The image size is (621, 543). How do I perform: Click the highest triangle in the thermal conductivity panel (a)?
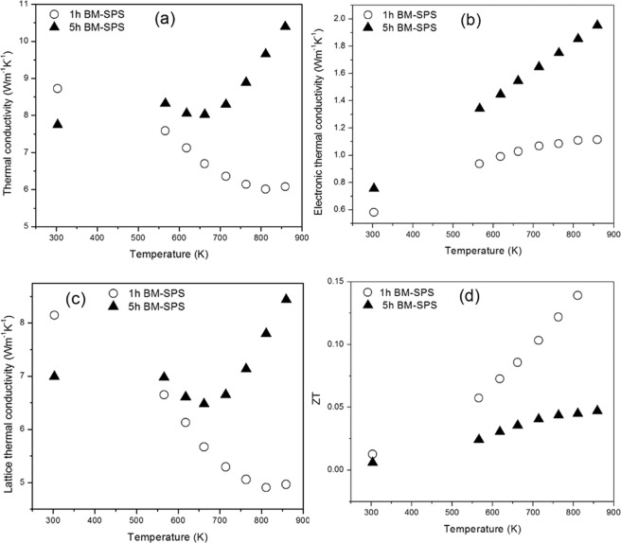pyautogui.click(x=286, y=26)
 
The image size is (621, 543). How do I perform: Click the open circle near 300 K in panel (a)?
pyautogui.click(x=58, y=88)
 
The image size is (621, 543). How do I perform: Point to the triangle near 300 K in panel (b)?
pyautogui.click(x=373, y=187)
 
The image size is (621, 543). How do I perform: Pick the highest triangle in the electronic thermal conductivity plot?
pyautogui.click(x=597, y=25)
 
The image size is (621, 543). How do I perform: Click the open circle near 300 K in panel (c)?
pyautogui.click(x=54, y=315)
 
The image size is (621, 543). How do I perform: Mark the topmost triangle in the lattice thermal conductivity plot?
pyautogui.click(x=286, y=299)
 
